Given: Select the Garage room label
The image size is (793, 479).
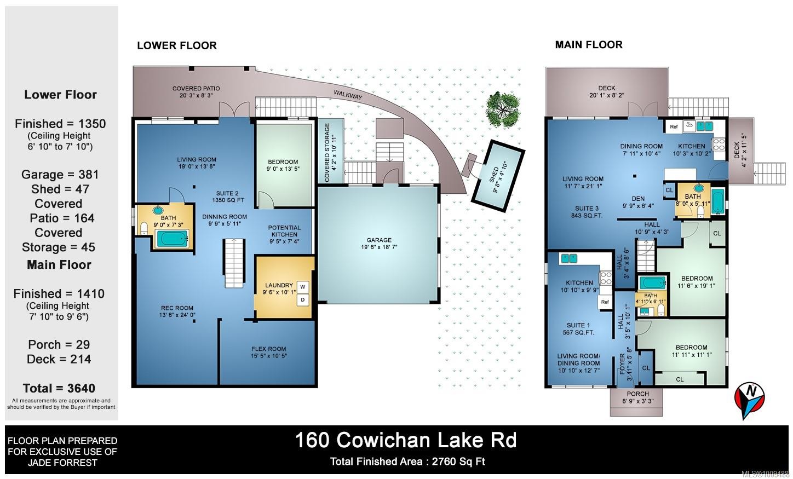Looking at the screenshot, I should point(379,243).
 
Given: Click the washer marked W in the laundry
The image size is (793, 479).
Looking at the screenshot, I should point(302,287).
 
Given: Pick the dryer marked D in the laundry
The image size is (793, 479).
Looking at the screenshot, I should point(302,300).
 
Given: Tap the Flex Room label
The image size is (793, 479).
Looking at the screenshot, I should point(268,352).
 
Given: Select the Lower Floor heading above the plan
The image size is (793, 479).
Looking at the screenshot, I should point(176,45).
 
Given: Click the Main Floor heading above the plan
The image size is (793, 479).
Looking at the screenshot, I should point(589,45).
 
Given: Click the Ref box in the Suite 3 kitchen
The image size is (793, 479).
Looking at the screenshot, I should point(674,127).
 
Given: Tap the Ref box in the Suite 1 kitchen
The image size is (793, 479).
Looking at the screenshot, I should point(605,302).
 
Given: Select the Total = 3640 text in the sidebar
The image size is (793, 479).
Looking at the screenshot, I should point(59,388).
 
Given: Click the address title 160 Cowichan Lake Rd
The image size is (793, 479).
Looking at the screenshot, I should point(406,440).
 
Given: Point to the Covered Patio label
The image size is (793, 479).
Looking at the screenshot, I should point(196,91).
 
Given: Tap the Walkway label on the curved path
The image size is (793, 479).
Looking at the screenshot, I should point(348,95).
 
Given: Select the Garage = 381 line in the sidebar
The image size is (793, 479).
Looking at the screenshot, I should point(60,175).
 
